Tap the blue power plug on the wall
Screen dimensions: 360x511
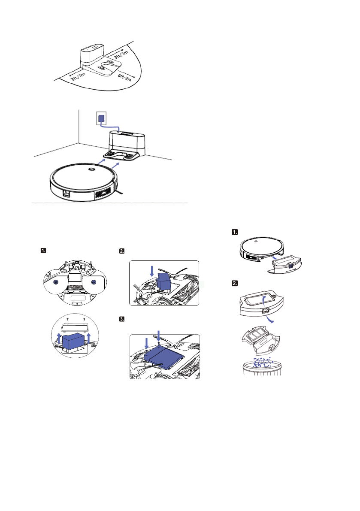click(x=101, y=118)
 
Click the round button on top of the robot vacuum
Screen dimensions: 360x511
click(x=91, y=169)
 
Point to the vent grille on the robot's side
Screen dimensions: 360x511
click(x=103, y=193)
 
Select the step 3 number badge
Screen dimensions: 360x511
click(x=122, y=319)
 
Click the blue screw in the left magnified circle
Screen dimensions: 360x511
click(x=55, y=283)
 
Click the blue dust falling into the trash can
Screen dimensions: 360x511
click(x=263, y=362)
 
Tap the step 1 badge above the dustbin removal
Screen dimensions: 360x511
click(x=235, y=232)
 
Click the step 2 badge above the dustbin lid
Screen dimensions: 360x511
click(x=235, y=283)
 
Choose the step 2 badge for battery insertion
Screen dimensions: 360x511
click(x=122, y=251)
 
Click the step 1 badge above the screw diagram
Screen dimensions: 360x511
click(x=43, y=251)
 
